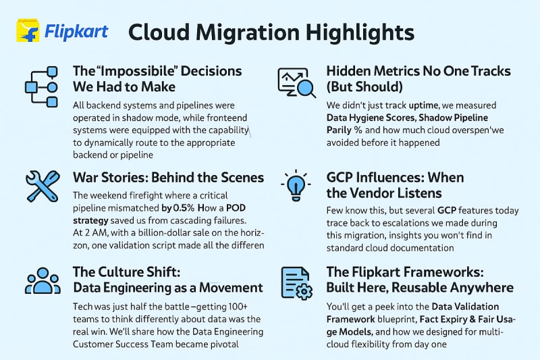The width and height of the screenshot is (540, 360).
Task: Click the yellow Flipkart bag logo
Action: [x=28, y=30]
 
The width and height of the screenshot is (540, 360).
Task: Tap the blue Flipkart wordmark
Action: [x=76, y=32]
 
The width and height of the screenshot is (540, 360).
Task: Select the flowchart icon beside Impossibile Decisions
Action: [x=41, y=87]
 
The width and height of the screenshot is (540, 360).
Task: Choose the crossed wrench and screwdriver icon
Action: [x=43, y=186]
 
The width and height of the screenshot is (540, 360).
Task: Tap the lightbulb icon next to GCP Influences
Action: [x=296, y=184]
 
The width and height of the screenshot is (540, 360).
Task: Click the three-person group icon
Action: [x=43, y=281]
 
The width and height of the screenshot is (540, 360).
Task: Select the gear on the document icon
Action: [x=304, y=292]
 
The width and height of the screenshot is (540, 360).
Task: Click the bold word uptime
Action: [x=423, y=105]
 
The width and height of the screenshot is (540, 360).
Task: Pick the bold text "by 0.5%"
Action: [x=178, y=208]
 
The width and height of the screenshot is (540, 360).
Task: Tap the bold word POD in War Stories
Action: [x=236, y=208]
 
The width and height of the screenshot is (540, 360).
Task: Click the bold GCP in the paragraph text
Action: [x=447, y=211]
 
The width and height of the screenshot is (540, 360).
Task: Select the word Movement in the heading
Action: [x=231, y=288]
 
